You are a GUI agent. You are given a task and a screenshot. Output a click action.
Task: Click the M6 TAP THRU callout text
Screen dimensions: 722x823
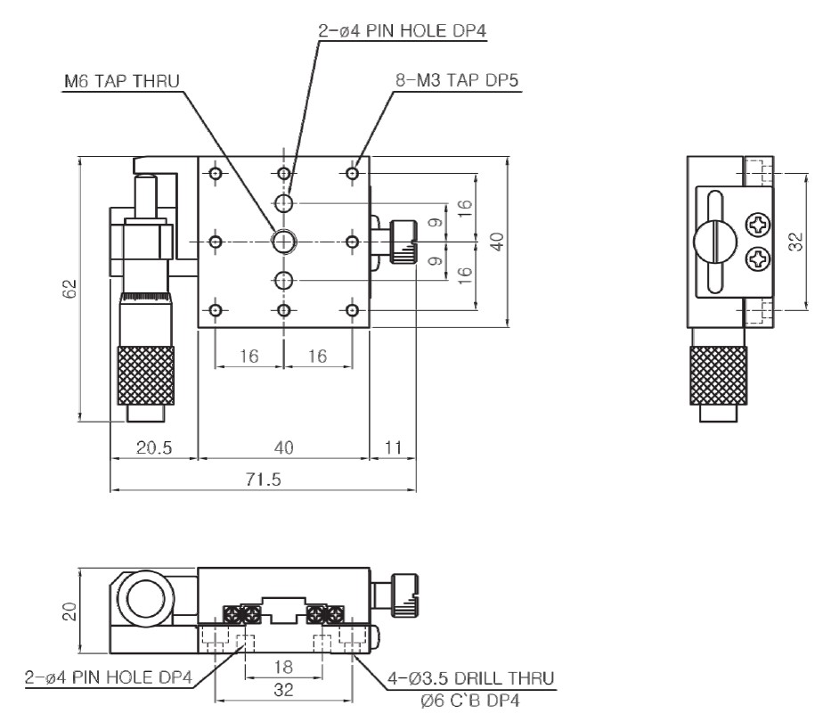122,82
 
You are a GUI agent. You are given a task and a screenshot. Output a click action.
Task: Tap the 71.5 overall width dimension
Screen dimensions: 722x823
264,480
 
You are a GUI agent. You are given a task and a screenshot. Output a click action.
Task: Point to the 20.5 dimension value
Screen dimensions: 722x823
154,447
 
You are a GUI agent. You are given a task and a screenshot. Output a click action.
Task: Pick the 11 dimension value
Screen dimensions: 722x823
393,447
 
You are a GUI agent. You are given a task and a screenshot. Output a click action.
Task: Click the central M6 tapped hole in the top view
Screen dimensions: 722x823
284,240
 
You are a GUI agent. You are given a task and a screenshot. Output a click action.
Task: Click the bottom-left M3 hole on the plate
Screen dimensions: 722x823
215,310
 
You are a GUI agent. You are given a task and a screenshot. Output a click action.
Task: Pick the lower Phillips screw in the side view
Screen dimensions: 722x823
758,259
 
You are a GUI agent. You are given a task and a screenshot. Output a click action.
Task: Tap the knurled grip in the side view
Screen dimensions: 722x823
720,373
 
